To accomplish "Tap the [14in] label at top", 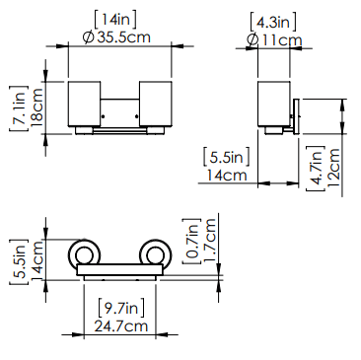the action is (115, 20).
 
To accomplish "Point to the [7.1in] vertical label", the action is (19, 108).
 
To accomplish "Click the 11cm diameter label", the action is (282, 40).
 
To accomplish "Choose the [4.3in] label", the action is (273, 23).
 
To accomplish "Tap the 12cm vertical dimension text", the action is (333, 168).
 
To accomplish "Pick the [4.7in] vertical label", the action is (316, 168).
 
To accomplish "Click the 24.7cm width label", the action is (121, 325).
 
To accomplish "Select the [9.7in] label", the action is (121, 308).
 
